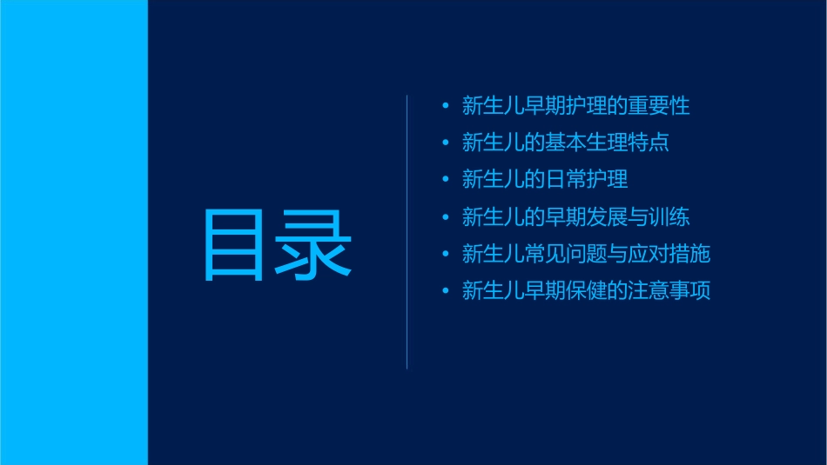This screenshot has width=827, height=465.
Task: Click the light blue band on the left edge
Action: [x=73, y=232]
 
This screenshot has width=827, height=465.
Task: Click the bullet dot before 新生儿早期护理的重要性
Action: [x=446, y=106]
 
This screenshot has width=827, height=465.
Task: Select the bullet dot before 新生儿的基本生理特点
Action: [x=446, y=143]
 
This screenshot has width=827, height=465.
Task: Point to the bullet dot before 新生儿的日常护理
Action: [x=446, y=180]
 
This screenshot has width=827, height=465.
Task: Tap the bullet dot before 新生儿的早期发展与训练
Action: [x=446, y=217]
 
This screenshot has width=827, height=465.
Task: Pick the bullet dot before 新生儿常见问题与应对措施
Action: [x=446, y=255]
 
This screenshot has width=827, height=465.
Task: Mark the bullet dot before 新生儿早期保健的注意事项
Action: [x=446, y=291]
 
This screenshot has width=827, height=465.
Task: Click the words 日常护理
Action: [x=586, y=180]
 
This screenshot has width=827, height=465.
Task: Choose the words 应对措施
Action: [x=669, y=255]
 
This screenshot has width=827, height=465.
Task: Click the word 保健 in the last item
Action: [x=565, y=291]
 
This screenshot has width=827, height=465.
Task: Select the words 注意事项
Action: [x=669, y=291]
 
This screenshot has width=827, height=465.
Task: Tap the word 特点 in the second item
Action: [x=649, y=143]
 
